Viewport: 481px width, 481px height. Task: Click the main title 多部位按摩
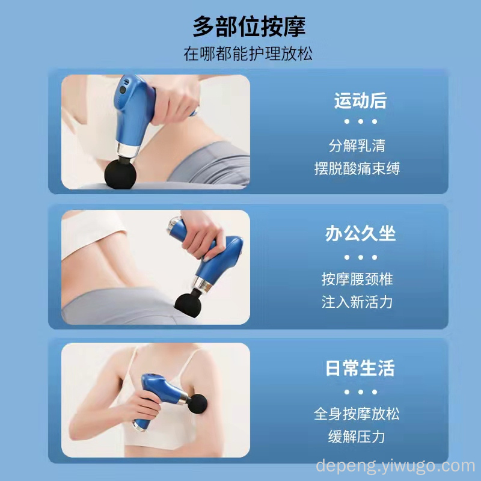[249, 27]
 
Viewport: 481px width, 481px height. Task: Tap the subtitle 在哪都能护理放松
[248, 54]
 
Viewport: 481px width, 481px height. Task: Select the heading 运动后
[360, 100]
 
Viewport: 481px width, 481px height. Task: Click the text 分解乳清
[357, 146]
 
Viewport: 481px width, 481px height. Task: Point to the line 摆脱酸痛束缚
[357, 168]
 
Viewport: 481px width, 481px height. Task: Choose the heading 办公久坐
[360, 233]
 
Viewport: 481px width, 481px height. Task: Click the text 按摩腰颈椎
[357, 279]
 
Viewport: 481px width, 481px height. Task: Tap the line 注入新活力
[357, 302]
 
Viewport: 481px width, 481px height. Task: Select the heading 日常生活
[360, 368]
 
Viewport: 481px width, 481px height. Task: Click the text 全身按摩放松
[357, 414]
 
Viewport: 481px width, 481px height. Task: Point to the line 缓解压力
[357, 437]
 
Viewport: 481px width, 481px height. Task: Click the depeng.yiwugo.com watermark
[396, 466]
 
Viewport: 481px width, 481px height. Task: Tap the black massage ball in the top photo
[120, 173]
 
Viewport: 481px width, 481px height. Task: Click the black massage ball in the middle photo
[188, 305]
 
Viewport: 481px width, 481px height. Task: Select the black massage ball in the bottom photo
[197, 404]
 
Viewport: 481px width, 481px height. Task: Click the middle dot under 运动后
[360, 121]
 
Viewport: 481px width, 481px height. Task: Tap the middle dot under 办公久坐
[360, 257]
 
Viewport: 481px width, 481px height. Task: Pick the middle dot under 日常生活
[360, 392]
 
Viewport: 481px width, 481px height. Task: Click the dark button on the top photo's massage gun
[123, 90]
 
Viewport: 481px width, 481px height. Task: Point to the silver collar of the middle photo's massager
[202, 284]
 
